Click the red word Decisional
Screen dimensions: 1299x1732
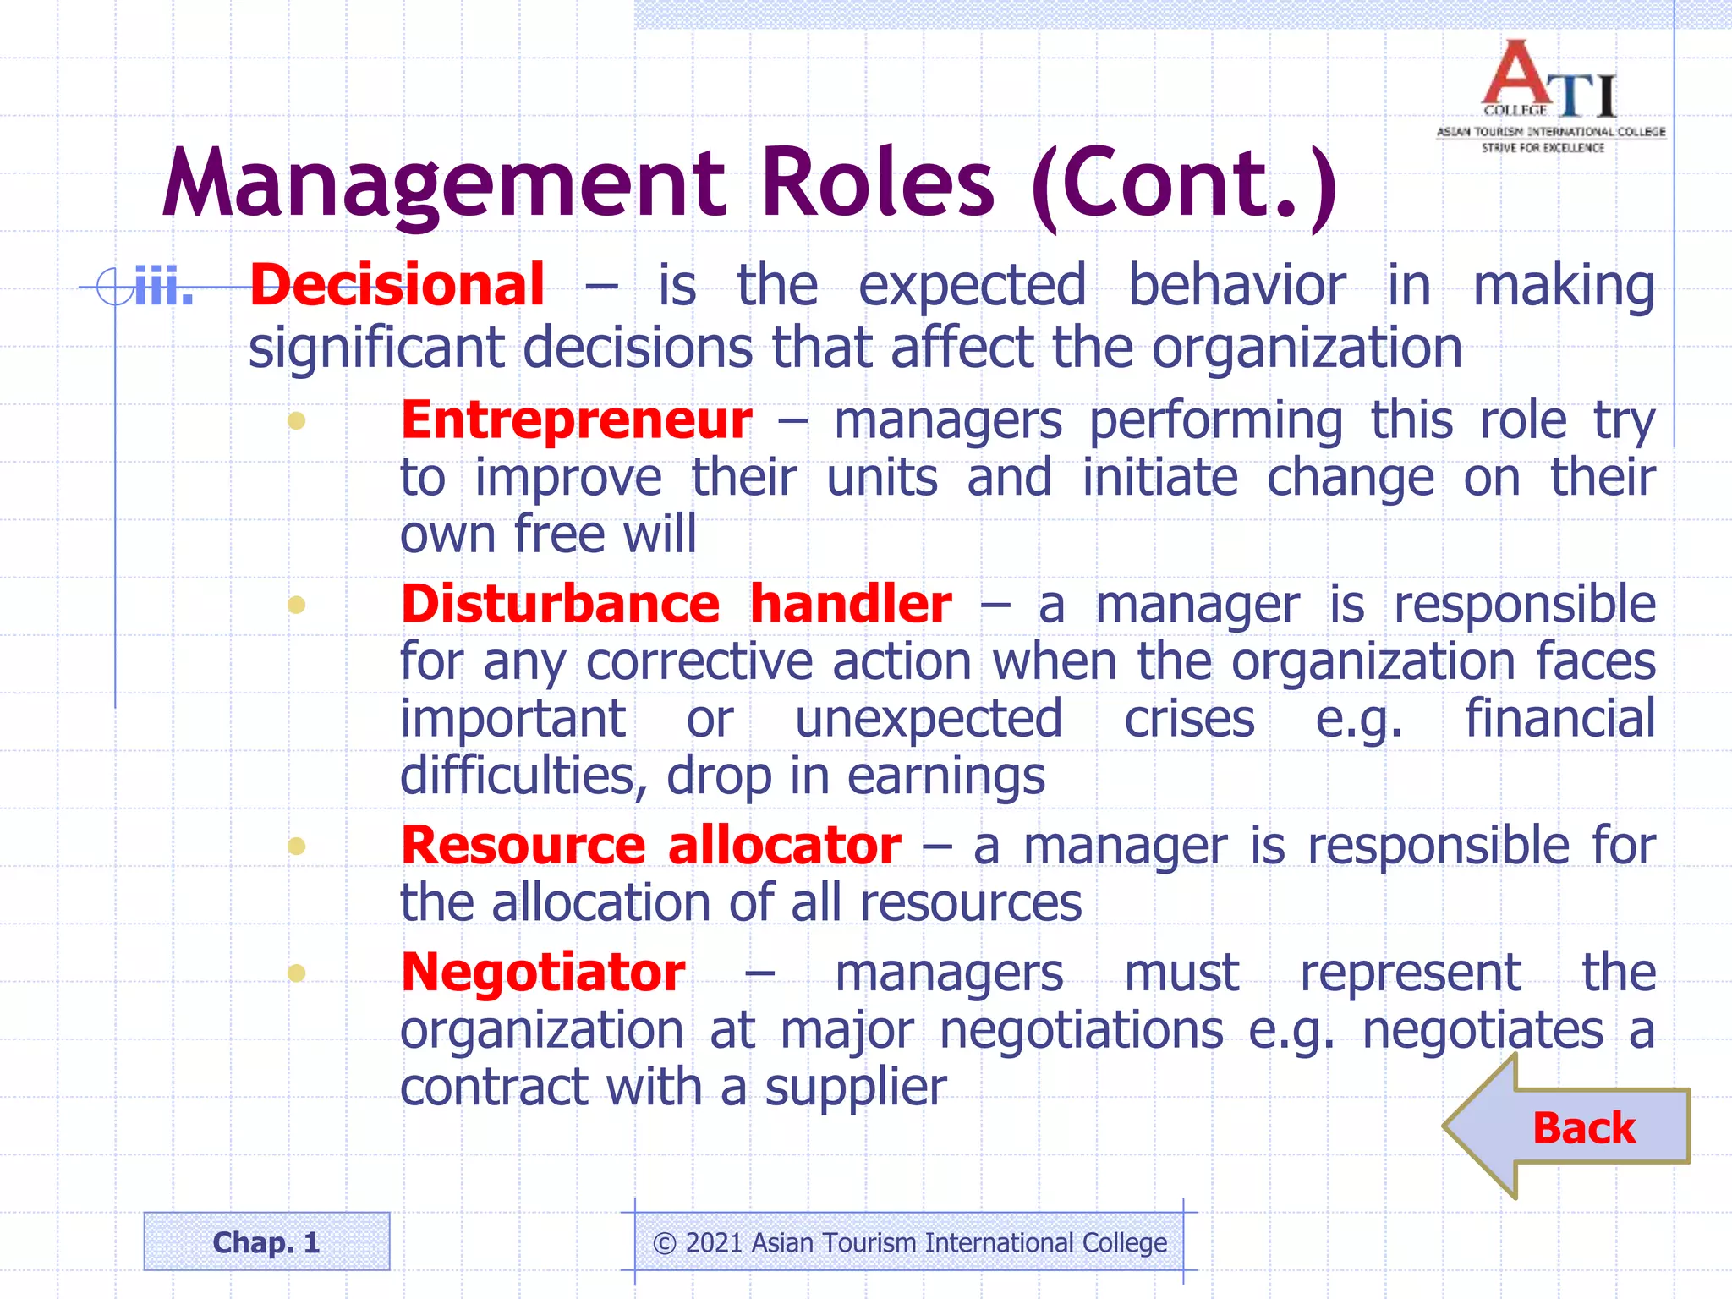pos(397,285)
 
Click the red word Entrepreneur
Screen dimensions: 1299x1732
pos(576,420)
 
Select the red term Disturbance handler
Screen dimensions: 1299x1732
pos(676,604)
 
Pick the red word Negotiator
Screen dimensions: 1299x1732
pos(543,973)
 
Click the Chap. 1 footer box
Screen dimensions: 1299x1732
pos(266,1241)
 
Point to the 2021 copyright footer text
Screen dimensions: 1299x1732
pos(909,1242)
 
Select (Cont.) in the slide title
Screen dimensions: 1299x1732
pos(1184,186)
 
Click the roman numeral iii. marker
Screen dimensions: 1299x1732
pos(164,288)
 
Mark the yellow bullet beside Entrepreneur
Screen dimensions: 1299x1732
pos(296,420)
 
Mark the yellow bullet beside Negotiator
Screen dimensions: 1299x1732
pos(296,973)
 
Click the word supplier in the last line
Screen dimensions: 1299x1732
pos(855,1088)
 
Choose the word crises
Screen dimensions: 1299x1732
pos(1188,719)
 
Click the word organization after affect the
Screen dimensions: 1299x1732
pos(1307,348)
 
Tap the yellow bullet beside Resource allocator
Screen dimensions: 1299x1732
pos(296,846)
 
